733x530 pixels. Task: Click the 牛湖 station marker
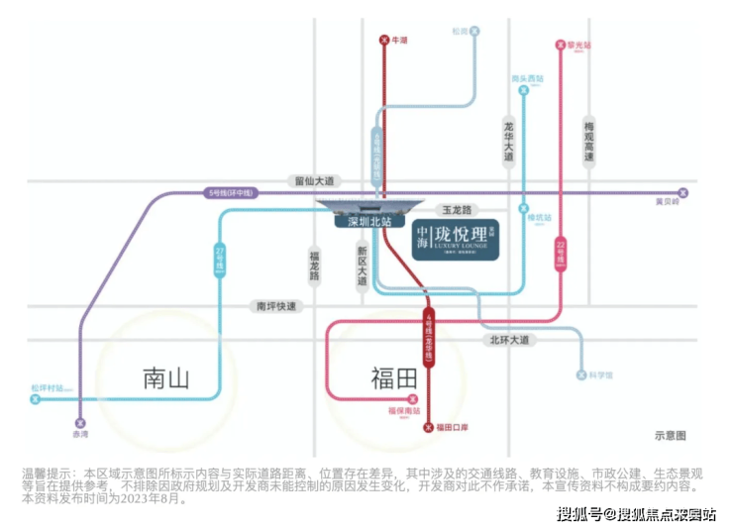(384, 41)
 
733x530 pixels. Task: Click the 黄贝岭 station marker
(681, 192)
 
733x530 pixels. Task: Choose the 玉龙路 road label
(459, 210)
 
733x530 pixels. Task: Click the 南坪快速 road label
(276, 306)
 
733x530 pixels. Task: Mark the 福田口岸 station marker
(428, 428)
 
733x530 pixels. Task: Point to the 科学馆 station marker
(581, 375)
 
